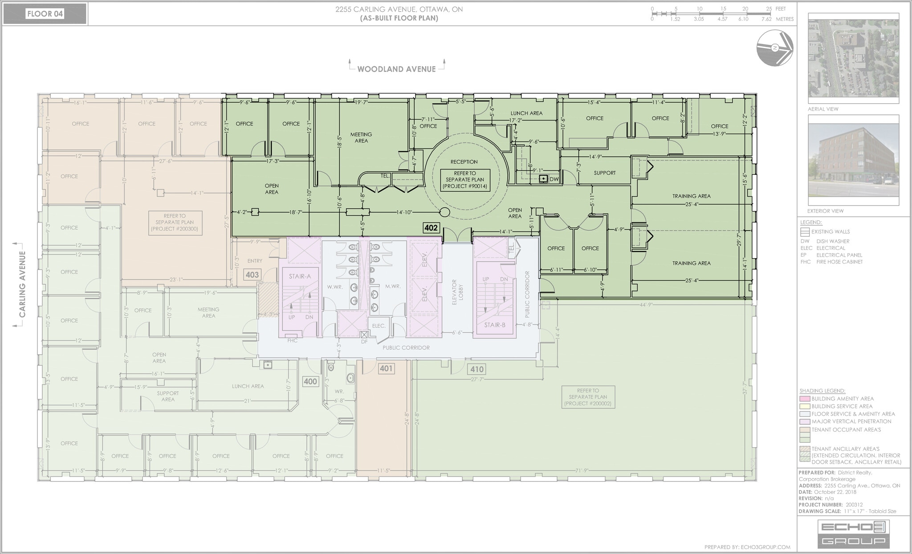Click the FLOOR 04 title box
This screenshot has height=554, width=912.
tap(45, 14)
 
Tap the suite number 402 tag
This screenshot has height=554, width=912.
tap(431, 228)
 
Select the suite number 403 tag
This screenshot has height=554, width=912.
tap(252, 275)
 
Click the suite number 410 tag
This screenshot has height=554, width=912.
tap(477, 369)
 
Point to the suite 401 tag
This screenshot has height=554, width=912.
tap(386, 368)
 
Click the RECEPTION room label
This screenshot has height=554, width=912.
tap(464, 162)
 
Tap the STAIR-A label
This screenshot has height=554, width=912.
tap(300, 276)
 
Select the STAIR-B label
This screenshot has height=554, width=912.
tap(495, 325)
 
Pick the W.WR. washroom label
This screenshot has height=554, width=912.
tap(334, 287)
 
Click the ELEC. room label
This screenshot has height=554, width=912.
tap(379, 326)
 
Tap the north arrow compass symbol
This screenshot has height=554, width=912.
tap(775, 48)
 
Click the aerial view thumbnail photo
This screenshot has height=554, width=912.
tap(853, 58)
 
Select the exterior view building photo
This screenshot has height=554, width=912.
tap(853, 160)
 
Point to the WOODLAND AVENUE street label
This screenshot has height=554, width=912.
tap(396, 69)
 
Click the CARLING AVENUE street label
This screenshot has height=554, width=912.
tap(22, 284)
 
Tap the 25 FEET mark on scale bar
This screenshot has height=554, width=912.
tap(769, 9)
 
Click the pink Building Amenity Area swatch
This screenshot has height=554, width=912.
tap(804, 399)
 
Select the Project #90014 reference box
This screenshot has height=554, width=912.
tap(465, 180)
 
